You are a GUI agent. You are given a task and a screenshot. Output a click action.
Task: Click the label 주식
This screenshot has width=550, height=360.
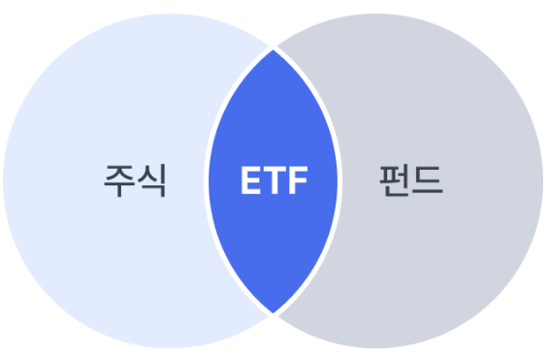coord(135,180)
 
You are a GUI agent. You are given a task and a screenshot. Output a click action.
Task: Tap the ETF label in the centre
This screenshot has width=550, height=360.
coord(275,181)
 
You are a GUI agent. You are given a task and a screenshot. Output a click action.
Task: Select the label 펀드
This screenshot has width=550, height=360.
coord(410,180)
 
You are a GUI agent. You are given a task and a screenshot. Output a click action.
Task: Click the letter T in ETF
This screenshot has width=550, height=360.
coord(275,181)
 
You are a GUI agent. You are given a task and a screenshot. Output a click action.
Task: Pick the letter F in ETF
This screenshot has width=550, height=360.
coord(298,181)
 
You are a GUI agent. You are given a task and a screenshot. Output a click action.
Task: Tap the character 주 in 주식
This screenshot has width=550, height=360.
coord(119,180)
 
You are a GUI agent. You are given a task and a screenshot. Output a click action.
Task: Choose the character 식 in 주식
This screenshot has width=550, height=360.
coord(151,180)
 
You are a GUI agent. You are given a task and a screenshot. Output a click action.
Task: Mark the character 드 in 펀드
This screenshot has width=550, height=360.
coord(427,180)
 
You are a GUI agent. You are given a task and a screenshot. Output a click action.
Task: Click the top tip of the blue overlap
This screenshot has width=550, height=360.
coord(275,48)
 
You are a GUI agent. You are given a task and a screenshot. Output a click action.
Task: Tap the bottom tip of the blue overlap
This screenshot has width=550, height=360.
coord(275,313)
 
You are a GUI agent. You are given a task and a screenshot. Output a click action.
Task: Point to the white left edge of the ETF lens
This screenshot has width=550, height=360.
coord(208,181)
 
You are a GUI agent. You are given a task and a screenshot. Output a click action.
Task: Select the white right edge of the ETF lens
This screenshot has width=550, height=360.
coord(340,181)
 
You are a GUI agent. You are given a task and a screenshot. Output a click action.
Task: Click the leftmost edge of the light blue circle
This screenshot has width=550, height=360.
coord(4,181)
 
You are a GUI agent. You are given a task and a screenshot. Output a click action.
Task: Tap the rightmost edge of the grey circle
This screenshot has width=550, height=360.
coord(544,181)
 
